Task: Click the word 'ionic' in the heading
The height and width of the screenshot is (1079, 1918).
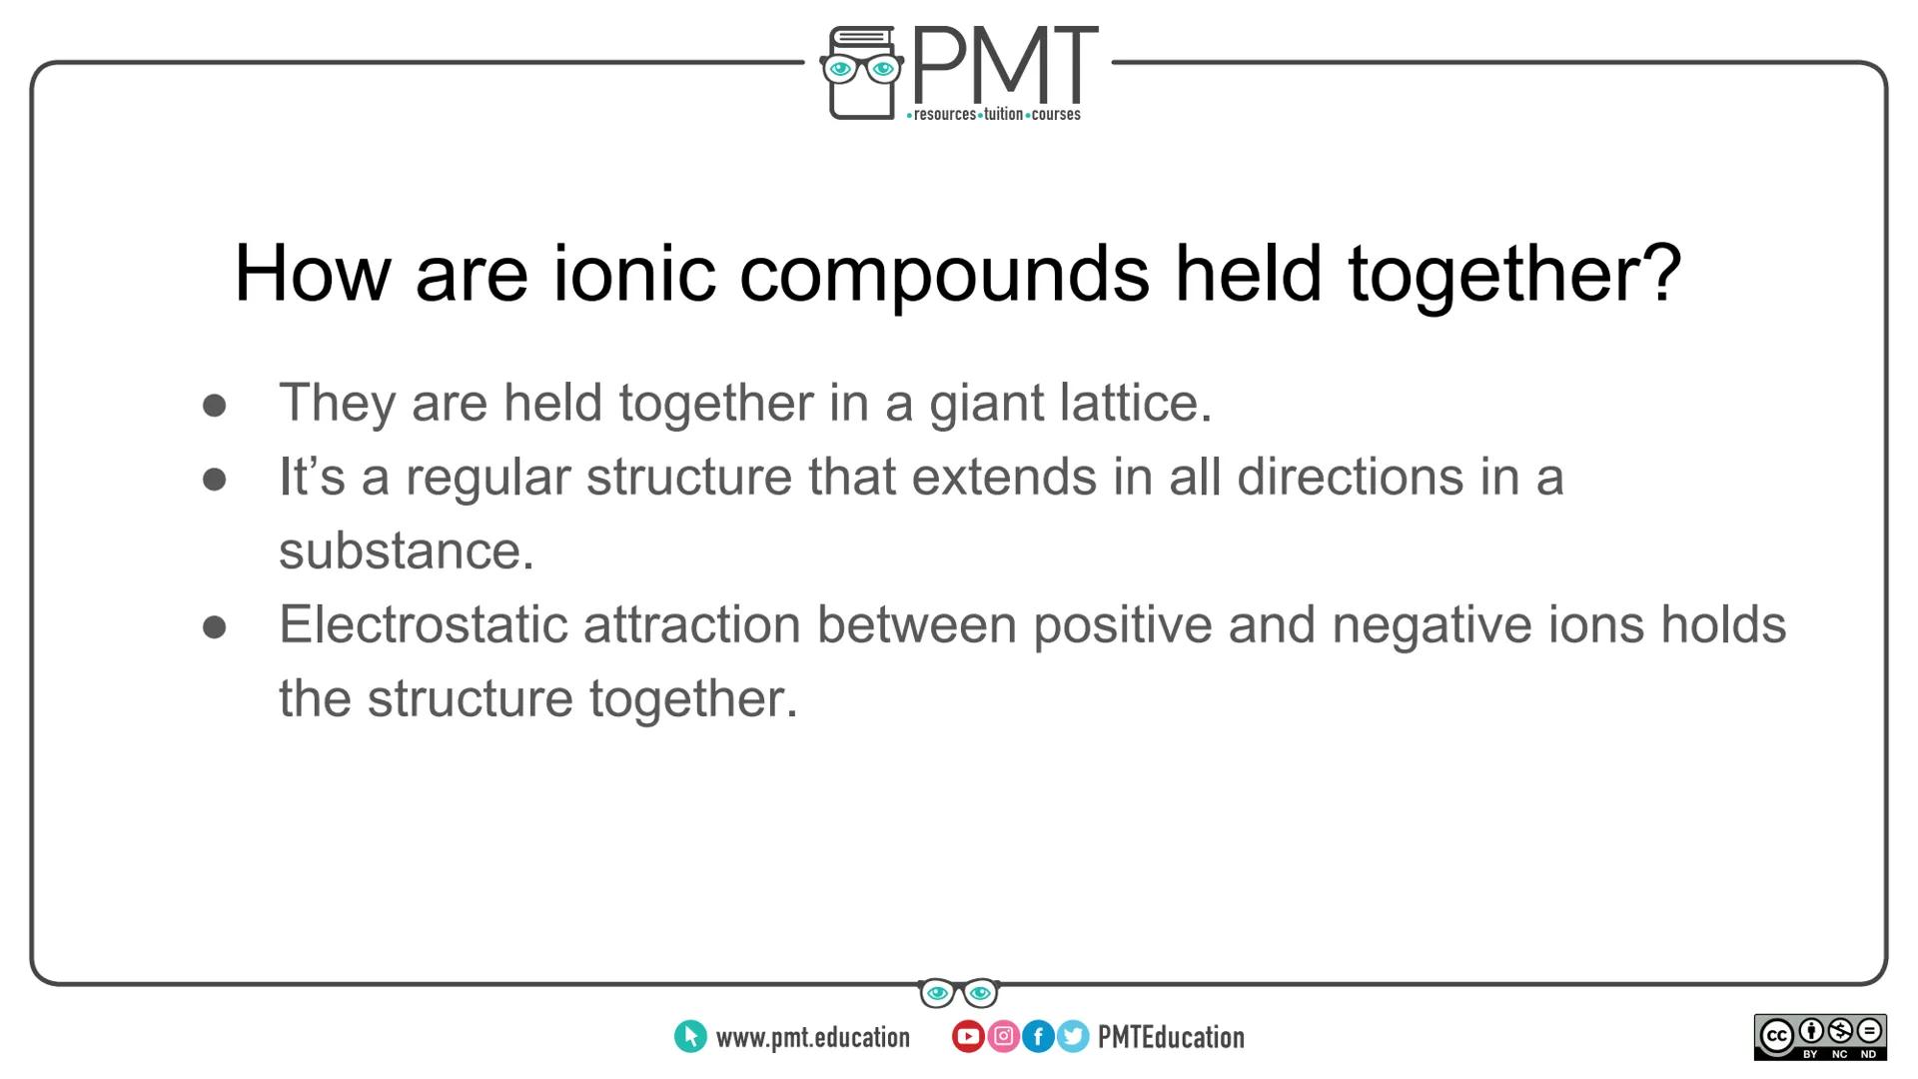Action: coord(634,273)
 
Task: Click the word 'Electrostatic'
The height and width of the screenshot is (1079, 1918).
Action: coord(423,624)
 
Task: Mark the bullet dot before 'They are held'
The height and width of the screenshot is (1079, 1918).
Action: coord(214,406)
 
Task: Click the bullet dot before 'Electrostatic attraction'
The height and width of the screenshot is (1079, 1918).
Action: coord(214,627)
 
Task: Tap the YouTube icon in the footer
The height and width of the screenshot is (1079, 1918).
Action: coord(967,1037)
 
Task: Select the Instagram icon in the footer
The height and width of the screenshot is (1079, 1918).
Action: coord(1003,1037)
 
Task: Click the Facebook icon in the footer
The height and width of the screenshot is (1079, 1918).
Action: coord(1038,1037)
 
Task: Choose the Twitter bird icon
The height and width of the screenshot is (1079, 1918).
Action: coord(1073,1037)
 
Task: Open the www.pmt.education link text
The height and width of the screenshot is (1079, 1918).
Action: coord(812,1038)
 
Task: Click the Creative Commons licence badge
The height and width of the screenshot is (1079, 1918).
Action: coord(1820,1037)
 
